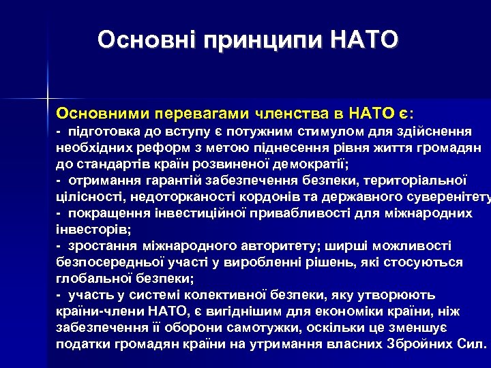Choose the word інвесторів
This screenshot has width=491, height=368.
tap(91, 230)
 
